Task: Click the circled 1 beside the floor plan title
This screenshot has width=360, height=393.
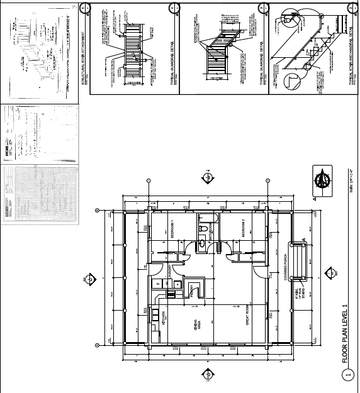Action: coord(347,376)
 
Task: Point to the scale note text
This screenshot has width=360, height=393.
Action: coord(351,182)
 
